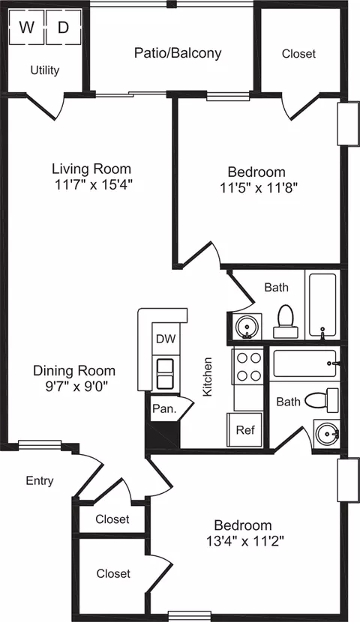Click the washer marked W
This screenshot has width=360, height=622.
26,27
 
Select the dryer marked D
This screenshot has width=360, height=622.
64,27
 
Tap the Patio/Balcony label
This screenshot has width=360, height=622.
178,52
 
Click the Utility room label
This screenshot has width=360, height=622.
45,70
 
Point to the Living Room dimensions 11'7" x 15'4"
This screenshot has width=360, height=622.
92,184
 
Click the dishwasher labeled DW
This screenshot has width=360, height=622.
166,339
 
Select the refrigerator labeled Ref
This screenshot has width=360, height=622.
245,429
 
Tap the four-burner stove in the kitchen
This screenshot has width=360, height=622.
248,366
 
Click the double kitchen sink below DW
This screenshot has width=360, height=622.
166,373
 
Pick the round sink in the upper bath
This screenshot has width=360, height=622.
247,327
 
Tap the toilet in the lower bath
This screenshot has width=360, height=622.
322,400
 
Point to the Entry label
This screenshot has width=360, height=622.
40,481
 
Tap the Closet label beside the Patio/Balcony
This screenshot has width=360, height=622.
299,53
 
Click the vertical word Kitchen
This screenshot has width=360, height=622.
208,376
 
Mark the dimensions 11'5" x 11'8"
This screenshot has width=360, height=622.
259,187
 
